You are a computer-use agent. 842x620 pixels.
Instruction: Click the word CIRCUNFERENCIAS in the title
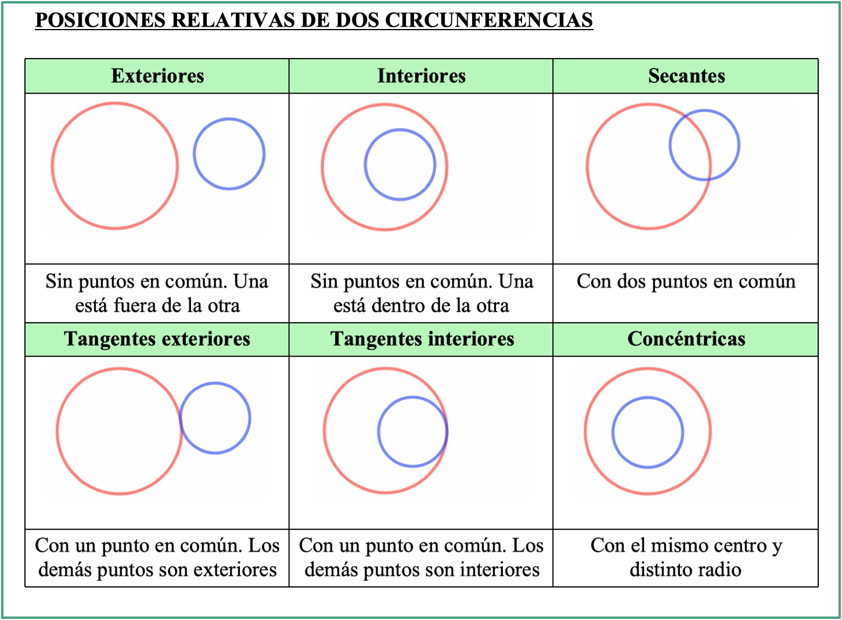(489, 20)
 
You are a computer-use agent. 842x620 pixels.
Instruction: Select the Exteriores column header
(157, 76)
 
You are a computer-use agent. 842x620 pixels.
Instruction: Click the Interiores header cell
(422, 76)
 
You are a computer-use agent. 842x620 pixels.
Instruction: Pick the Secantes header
(686, 76)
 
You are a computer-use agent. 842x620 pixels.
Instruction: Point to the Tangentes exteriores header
(157, 339)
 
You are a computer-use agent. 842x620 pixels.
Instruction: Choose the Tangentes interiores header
(422, 339)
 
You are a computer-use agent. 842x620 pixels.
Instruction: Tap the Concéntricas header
(686, 339)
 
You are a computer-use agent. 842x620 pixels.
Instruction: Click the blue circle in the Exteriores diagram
(194, 154)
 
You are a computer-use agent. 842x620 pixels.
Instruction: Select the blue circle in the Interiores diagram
(365, 165)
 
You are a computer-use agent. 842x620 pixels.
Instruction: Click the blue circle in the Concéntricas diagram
(613, 432)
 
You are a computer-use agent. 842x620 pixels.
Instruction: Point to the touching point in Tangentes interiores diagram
(447, 431)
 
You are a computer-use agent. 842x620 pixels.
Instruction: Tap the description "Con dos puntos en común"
(686, 282)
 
